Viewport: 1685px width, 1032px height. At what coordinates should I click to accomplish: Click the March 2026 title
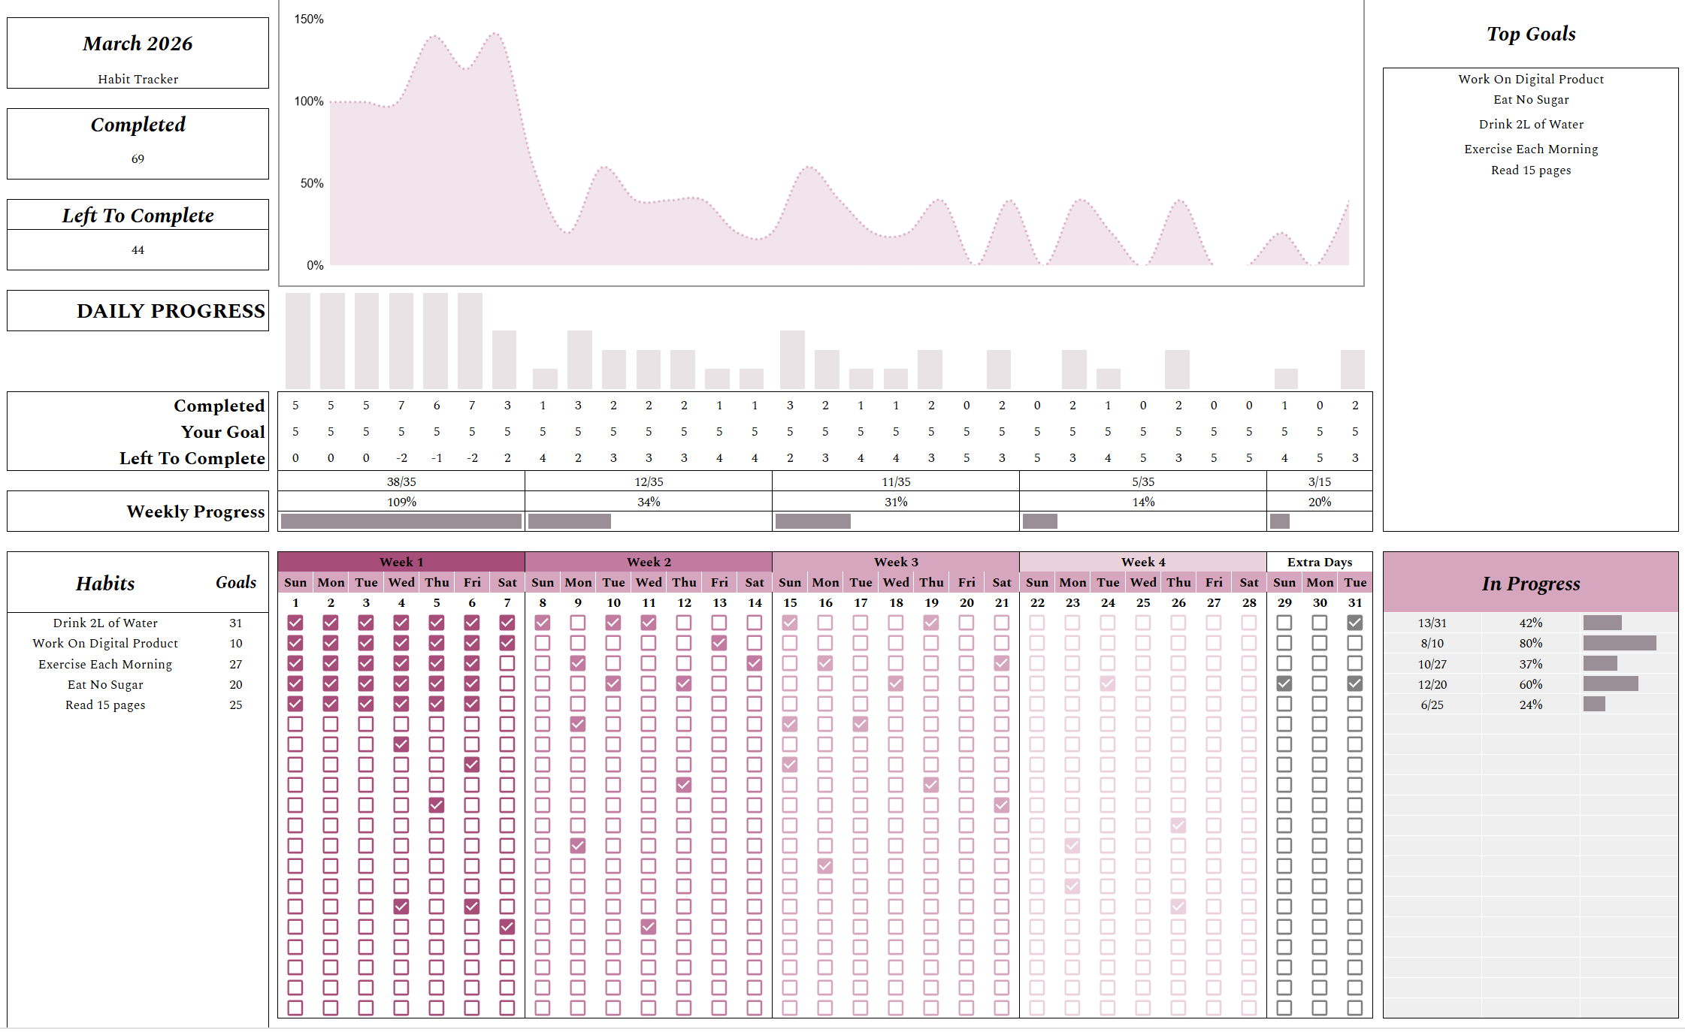pos(138,44)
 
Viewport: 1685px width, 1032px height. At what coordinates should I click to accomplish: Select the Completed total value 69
pos(138,159)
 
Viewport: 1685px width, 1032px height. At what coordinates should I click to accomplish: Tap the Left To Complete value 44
pos(138,250)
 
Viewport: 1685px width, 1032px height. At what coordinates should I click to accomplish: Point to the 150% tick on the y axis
pos(309,19)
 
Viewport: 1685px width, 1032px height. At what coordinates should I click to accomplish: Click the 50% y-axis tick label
pos(312,183)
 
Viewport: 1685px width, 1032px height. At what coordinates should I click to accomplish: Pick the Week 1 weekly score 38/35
pos(401,481)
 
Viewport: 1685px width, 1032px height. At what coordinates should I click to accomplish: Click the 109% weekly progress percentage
pos(401,502)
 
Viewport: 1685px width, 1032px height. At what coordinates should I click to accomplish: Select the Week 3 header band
pos(895,562)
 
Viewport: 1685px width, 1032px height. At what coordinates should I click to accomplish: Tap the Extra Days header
pos(1319,562)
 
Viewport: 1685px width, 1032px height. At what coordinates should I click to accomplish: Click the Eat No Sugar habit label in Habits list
pos(105,684)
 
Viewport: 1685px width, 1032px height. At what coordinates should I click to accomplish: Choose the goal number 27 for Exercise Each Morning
pos(236,664)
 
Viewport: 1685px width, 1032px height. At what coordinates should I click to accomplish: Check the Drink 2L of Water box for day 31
pos(1354,623)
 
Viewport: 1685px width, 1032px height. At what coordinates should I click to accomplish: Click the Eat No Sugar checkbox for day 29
pos(1284,683)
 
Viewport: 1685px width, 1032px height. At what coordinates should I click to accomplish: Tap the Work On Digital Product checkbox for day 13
pos(719,643)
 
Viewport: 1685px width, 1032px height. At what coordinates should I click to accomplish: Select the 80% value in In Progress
pos(1530,643)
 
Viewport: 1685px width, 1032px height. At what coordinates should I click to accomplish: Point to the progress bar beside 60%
pos(1610,683)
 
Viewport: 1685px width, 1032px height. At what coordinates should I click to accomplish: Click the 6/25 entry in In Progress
pos(1432,705)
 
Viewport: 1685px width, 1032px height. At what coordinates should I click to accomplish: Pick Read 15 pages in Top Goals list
pos(1530,170)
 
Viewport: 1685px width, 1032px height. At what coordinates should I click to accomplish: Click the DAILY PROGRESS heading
pos(171,311)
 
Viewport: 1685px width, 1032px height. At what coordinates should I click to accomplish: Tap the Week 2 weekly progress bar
pos(570,521)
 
